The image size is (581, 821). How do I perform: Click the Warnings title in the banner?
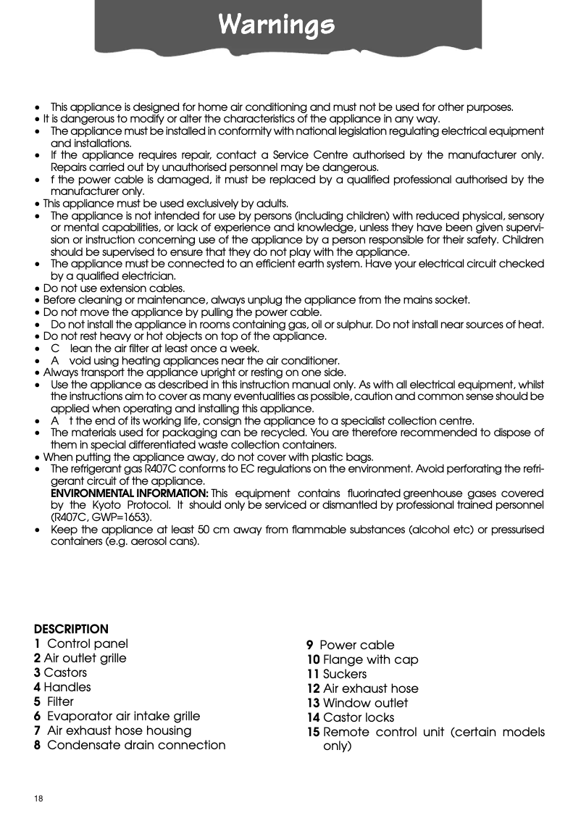(x=277, y=26)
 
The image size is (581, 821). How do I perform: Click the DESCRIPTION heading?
(x=71, y=628)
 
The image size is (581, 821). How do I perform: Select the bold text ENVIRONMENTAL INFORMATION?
(x=128, y=493)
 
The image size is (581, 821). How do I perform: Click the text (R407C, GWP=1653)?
(x=101, y=517)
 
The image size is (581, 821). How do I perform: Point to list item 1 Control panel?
(x=81, y=643)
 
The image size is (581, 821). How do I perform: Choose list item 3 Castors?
(x=60, y=672)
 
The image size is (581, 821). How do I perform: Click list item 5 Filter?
(x=54, y=701)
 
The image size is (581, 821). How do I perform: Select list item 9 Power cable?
(x=351, y=645)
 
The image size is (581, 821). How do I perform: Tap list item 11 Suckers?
(x=337, y=674)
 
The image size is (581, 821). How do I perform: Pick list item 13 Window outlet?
(x=357, y=703)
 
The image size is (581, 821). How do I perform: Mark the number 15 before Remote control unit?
(x=313, y=732)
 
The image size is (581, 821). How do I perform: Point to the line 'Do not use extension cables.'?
(x=114, y=288)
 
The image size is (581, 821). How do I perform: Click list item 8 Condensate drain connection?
(x=130, y=745)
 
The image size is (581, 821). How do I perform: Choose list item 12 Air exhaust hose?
(x=362, y=688)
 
